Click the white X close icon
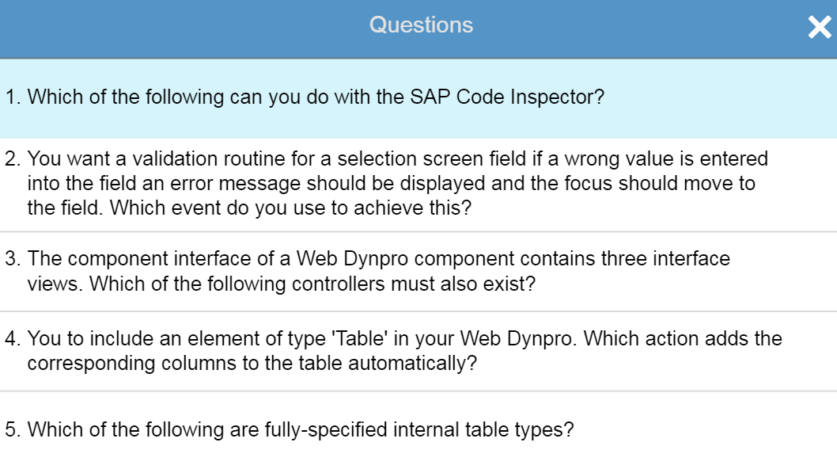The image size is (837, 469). [x=820, y=27]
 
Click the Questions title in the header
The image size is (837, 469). [x=421, y=25]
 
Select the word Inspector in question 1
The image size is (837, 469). [x=557, y=97]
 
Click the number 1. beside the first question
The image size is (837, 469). [x=13, y=97]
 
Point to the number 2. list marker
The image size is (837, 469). [x=13, y=158]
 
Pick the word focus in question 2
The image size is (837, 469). [x=589, y=184]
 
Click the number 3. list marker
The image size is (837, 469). [x=13, y=259]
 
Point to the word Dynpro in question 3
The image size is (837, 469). [x=376, y=260]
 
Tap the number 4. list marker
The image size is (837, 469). [x=13, y=338]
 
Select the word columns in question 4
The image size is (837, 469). [x=199, y=363]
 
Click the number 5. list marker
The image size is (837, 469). [x=13, y=429]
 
